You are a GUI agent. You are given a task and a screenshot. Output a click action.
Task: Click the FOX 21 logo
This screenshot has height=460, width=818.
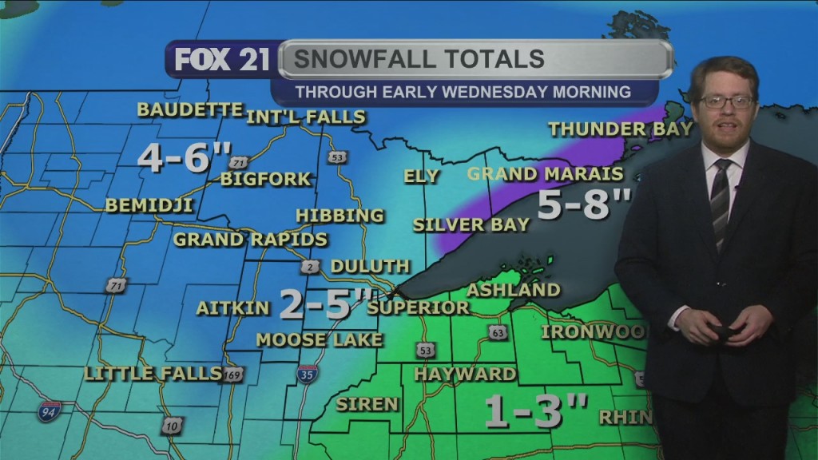point(222,60)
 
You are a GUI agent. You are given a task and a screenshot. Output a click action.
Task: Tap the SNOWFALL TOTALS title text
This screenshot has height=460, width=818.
point(419,58)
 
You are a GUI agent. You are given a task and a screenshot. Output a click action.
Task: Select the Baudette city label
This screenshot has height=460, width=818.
point(189,109)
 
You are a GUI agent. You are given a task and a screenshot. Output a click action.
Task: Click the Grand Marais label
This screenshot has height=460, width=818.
point(545,173)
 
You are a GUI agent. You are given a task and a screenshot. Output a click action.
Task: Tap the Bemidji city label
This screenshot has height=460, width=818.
point(149,205)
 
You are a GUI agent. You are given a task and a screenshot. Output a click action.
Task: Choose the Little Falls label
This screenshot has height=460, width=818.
point(153,373)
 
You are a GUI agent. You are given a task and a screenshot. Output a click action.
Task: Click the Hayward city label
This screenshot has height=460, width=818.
point(465,374)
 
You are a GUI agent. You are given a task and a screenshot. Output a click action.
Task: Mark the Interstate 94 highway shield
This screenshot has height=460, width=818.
point(49,411)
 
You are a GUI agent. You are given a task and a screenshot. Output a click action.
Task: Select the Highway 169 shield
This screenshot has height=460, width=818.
point(232,374)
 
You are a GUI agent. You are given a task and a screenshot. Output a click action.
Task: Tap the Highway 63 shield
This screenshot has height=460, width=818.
point(498,331)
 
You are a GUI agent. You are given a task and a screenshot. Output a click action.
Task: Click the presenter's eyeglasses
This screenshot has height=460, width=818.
point(726,101)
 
